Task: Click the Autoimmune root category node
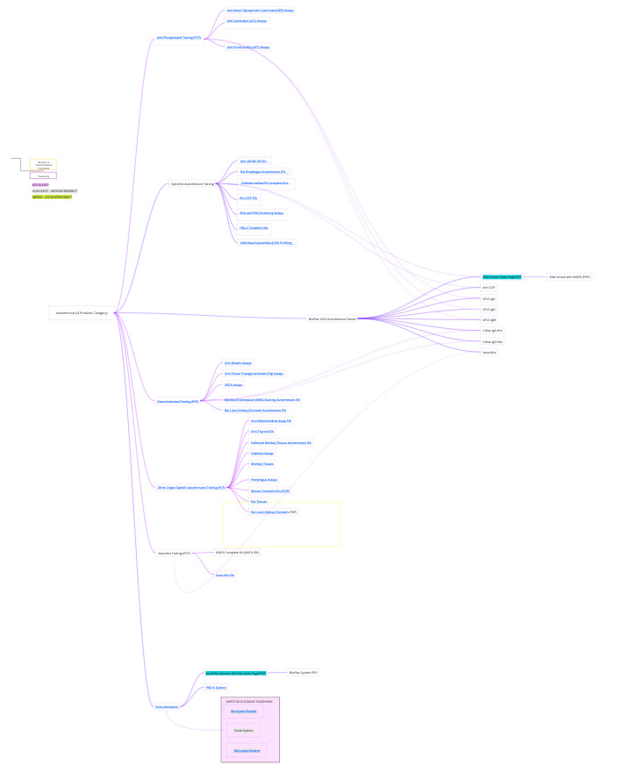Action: [x=82, y=312]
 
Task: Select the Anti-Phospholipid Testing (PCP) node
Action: [x=178, y=38]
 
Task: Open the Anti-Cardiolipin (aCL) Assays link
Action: [x=247, y=20]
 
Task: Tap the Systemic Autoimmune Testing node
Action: [x=192, y=184]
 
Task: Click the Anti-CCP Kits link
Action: [x=249, y=198]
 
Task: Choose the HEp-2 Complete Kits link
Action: [x=254, y=227]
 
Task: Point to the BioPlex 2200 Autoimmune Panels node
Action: [x=332, y=318]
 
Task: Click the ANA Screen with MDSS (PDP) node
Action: [x=569, y=276]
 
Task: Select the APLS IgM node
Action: [x=490, y=319]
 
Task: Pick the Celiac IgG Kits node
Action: [x=493, y=341]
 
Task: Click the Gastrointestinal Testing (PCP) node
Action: [x=178, y=401]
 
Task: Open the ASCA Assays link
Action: [x=233, y=384]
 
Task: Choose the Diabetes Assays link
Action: [x=262, y=453]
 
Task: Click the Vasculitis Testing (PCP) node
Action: [x=174, y=554]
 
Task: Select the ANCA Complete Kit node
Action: [x=237, y=553]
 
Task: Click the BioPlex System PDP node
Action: [x=304, y=673]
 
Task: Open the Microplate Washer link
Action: [x=246, y=751]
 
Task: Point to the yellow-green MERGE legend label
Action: [x=52, y=197]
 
